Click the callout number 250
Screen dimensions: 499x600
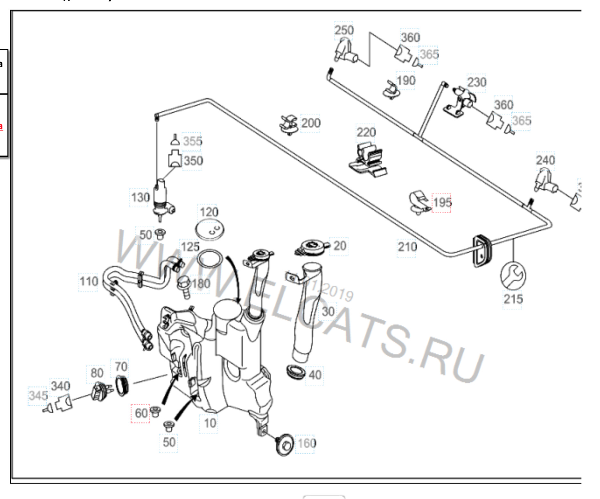click(x=344, y=30)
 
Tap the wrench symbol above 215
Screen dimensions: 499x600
click(x=513, y=275)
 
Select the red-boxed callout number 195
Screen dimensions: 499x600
click(x=441, y=203)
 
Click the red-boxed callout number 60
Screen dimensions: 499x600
click(x=141, y=413)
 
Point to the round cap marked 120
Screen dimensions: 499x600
click(x=210, y=230)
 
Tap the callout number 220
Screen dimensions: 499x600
click(x=366, y=132)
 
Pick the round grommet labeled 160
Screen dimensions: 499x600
click(x=284, y=444)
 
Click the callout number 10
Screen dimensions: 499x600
click(x=210, y=423)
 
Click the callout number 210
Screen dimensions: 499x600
click(x=407, y=247)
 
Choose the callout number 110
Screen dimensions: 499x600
click(x=89, y=282)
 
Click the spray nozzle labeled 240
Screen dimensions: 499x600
click(x=545, y=182)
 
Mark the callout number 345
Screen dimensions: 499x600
click(x=38, y=396)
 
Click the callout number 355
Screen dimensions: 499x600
click(x=192, y=141)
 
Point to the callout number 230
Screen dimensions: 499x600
click(x=476, y=82)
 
